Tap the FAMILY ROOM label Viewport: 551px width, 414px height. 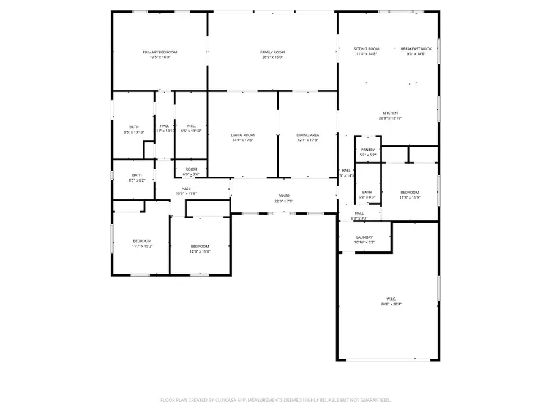pyautogui.click(x=272, y=52)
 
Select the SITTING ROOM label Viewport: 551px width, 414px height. pyautogui.click(x=367, y=48)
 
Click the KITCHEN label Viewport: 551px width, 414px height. pyautogui.click(x=390, y=113)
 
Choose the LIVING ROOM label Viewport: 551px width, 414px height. pyautogui.click(x=242, y=135)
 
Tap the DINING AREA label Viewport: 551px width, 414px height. pyautogui.click(x=307, y=135)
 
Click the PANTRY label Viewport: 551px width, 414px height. pyautogui.click(x=368, y=150)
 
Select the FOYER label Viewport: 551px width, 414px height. pyautogui.click(x=284, y=196)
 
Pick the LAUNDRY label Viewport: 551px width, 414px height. pyautogui.click(x=365, y=237)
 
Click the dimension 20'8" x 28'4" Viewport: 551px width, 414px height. pyautogui.click(x=390, y=303)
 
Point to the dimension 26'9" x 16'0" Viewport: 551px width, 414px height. pyautogui.click(x=272, y=57)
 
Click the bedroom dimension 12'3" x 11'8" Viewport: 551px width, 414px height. pyautogui.click(x=200, y=251)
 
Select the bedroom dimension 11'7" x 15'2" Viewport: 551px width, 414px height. pyautogui.click(x=142, y=246)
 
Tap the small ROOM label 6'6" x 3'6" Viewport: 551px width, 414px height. pyautogui.click(x=191, y=175)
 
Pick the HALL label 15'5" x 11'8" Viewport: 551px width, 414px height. pyautogui.click(x=186, y=194)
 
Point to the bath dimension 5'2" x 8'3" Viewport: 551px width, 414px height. pyautogui.click(x=367, y=197)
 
